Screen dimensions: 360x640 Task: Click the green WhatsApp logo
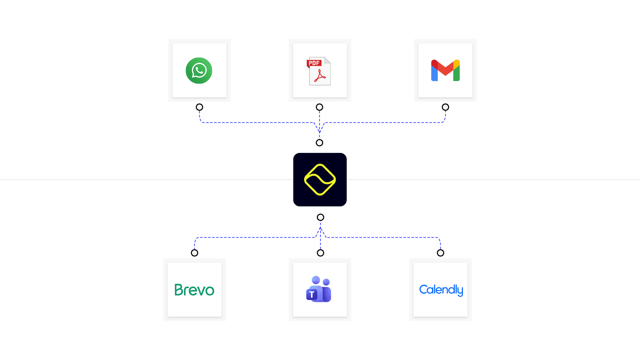tap(199, 71)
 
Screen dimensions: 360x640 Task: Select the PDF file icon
tap(319, 71)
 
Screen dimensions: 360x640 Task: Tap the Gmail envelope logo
tap(445, 70)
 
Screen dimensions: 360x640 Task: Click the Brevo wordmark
tap(194, 290)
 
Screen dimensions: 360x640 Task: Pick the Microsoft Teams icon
tap(319, 289)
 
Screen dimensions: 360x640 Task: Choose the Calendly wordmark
tap(441, 290)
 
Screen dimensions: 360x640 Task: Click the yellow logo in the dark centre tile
tap(320, 180)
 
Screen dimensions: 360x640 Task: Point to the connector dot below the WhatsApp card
tap(199, 107)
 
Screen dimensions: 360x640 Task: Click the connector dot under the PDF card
tap(319, 107)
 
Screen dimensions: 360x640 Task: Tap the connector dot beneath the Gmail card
tap(445, 107)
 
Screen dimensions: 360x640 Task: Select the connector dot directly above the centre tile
tap(319, 143)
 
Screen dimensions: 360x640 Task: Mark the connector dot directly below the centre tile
tap(320, 217)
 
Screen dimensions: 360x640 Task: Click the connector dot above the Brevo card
tap(194, 253)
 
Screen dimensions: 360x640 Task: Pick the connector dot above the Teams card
tap(320, 253)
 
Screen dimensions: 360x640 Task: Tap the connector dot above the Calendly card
tap(440, 253)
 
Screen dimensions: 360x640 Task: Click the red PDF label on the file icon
tap(314, 63)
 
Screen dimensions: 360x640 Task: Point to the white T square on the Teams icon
tap(312, 295)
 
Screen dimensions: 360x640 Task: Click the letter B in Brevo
tap(179, 290)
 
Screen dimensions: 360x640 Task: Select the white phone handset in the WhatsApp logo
tap(199, 70)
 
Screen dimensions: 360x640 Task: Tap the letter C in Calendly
tap(424, 289)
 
